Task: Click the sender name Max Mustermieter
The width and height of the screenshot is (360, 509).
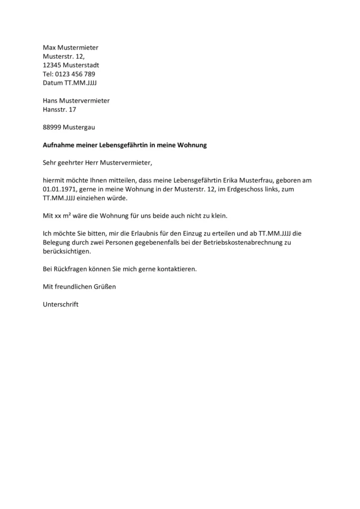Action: [x=71, y=48]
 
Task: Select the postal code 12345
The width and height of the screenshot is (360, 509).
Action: [x=53, y=65]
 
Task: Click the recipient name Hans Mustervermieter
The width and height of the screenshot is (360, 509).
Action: [x=76, y=100]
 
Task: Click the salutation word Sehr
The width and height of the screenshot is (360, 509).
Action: [x=50, y=163]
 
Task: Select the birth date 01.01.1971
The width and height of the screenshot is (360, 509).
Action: [x=59, y=189]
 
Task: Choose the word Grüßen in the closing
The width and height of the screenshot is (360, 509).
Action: [x=104, y=287]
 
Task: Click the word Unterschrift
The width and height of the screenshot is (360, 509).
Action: [x=61, y=304]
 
